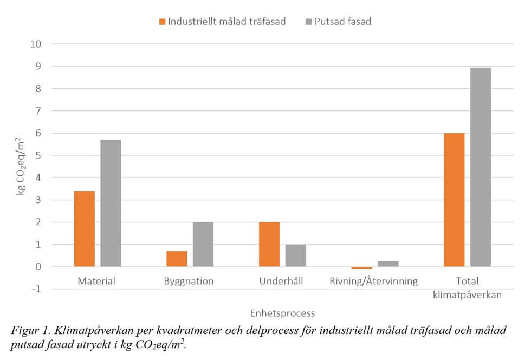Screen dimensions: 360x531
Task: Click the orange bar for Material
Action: pyautogui.click(x=84, y=228)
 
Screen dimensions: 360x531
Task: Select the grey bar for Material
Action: pyautogui.click(x=111, y=203)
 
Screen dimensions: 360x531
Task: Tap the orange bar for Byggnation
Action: pyautogui.click(x=177, y=259)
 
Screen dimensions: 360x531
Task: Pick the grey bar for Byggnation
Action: pyautogui.click(x=203, y=244)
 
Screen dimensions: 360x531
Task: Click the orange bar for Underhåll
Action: pyautogui.click(x=269, y=244)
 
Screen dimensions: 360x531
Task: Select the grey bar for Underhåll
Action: pyautogui.click(x=296, y=256)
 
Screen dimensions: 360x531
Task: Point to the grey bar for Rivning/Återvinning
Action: pyautogui.click(x=388, y=264)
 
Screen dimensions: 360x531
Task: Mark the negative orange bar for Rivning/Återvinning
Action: pyautogui.click(x=361, y=267)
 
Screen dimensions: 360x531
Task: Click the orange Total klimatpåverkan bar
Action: pyautogui.click(x=454, y=200)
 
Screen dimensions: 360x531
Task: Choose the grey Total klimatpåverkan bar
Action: pyautogui.click(x=481, y=167)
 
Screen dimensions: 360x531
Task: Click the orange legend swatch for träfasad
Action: pyautogui.click(x=161, y=22)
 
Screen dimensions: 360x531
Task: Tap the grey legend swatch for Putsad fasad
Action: pyautogui.click(x=309, y=22)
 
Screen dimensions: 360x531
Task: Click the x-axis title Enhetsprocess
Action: pyautogui.click(x=282, y=313)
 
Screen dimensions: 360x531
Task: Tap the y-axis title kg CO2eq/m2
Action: pyautogui.click(x=21, y=166)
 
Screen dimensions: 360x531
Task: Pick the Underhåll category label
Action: pyautogui.click(x=281, y=282)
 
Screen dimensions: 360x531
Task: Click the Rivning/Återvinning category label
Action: pyautogui.click(x=374, y=282)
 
